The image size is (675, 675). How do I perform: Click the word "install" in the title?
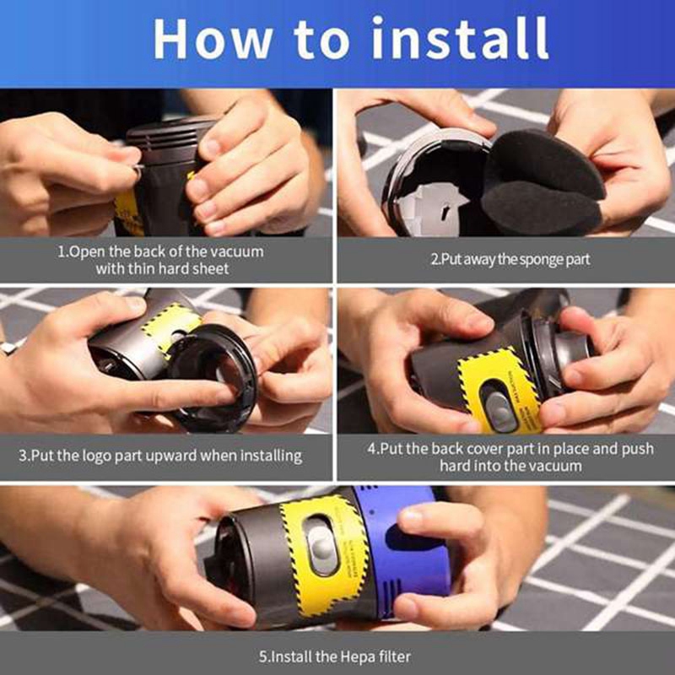(x=460, y=38)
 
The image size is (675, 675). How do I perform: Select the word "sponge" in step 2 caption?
(x=540, y=260)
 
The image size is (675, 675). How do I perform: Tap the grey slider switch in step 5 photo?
(x=321, y=546)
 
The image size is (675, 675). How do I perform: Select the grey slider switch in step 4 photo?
(x=499, y=407)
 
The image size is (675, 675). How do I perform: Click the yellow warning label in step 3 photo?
(x=171, y=326)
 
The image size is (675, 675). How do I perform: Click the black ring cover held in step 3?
(x=214, y=378)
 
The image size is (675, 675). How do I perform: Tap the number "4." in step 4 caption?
(x=373, y=450)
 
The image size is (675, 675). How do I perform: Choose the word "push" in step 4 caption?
(x=638, y=450)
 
